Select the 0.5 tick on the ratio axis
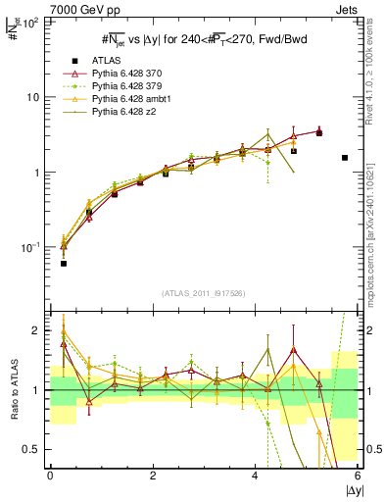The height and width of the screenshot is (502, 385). [30, 449]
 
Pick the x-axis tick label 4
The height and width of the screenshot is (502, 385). [256, 475]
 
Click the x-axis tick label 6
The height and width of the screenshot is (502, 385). [359, 475]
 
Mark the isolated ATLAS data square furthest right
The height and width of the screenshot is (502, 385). [345, 158]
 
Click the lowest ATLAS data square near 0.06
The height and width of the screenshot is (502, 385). [63, 264]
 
